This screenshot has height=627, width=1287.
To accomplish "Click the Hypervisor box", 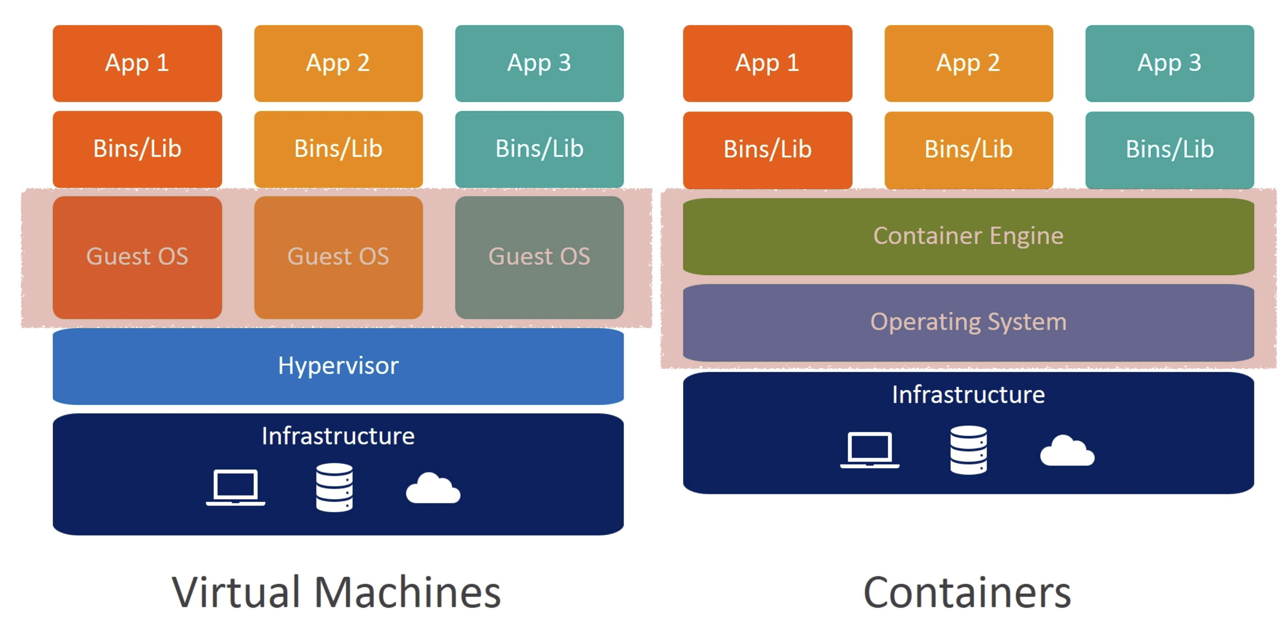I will [338, 366].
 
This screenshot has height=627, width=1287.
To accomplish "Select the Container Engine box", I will [968, 236].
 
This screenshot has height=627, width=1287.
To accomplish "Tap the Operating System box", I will [968, 322].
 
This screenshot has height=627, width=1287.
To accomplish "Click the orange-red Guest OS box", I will [137, 257].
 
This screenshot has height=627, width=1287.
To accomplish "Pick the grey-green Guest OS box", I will [539, 257].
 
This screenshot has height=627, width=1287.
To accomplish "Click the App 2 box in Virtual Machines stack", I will [338, 63].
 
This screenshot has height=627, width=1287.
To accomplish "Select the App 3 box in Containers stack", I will [1169, 63].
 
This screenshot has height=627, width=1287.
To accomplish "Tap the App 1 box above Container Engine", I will [767, 63].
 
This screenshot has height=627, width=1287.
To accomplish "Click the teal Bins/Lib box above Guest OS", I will [539, 149].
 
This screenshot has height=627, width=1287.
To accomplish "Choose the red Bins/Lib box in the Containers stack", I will [767, 149].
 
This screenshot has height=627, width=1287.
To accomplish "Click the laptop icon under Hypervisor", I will [236, 487].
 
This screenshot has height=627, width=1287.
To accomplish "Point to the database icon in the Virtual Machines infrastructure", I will [334, 487].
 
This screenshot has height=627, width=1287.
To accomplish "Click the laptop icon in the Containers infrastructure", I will [869, 449].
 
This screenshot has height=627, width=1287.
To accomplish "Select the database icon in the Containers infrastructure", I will [968, 450].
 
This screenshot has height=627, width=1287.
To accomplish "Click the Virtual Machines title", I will [336, 592].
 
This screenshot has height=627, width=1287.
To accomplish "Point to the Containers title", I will [967, 592].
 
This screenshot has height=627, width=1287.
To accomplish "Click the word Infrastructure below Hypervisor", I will [338, 436].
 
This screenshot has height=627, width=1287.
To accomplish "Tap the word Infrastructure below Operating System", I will [968, 395].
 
